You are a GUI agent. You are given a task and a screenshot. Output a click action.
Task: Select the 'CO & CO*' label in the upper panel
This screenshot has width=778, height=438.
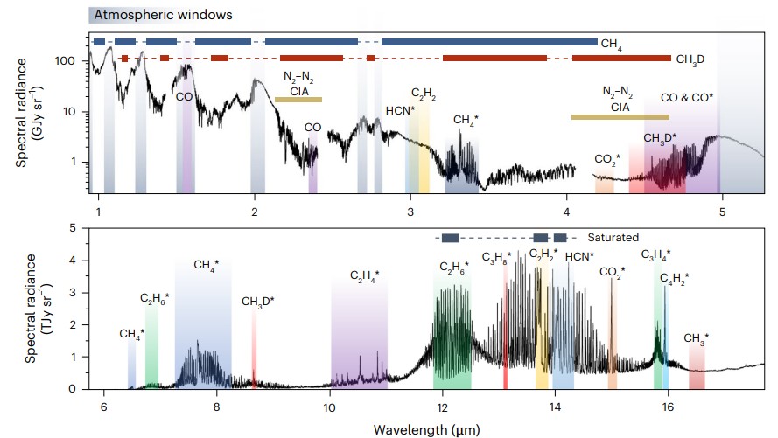[x=687, y=97]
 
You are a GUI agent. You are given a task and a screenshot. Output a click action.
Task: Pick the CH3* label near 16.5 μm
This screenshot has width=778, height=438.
[x=696, y=337]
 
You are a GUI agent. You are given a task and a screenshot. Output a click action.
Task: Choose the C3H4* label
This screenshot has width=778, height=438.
[x=657, y=255]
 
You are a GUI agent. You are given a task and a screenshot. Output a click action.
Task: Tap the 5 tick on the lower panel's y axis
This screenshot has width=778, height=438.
[x=75, y=227]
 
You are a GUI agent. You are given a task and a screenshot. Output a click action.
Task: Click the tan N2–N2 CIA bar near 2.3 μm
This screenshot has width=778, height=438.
[x=298, y=100]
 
